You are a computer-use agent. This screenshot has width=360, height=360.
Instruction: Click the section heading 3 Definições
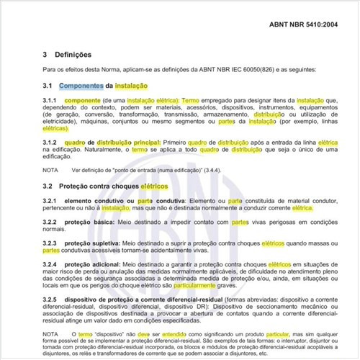click(67, 54)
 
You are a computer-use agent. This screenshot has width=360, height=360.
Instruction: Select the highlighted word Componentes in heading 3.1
click(81, 85)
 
